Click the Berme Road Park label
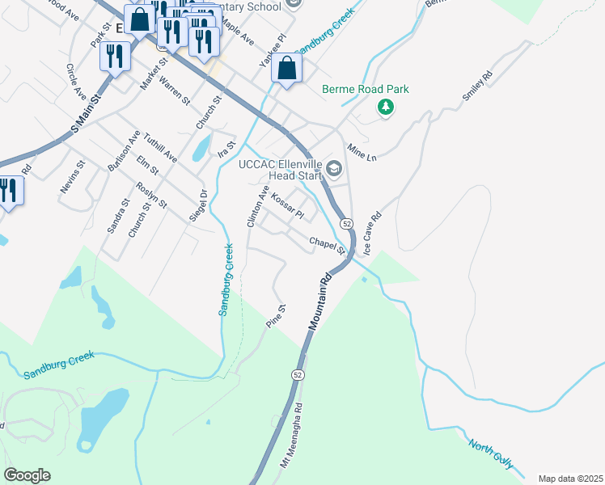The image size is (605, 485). click(x=365, y=89)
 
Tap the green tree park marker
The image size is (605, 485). click(x=387, y=108)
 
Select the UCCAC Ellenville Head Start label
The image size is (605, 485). click(x=281, y=170)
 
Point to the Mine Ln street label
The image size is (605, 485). click(x=362, y=152)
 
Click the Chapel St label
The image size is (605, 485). click(x=327, y=244)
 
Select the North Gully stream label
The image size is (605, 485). click(x=490, y=453)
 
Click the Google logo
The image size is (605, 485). click(x=27, y=475)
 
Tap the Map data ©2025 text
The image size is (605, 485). click(x=570, y=479)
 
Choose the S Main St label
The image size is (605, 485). click(x=84, y=114)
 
